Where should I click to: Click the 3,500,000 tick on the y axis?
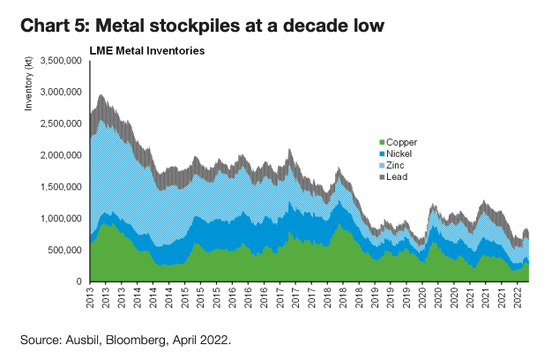click(62, 60)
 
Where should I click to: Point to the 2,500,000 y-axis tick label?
click(62, 124)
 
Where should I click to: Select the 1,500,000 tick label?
click(62, 187)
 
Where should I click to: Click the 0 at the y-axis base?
click(79, 281)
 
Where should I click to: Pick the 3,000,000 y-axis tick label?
click(62, 92)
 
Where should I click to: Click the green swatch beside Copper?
click(381, 142)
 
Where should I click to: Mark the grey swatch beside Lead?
click(381, 176)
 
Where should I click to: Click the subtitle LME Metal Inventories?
click(147, 50)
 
